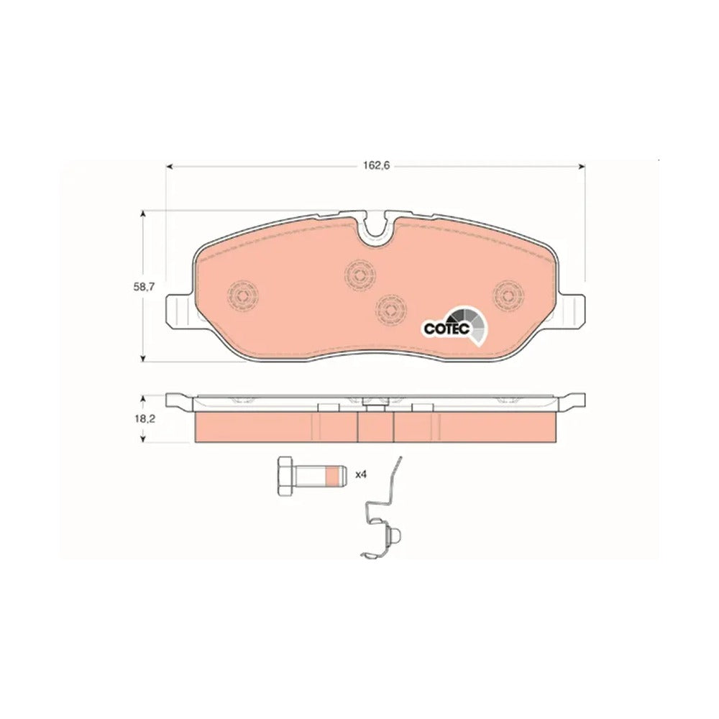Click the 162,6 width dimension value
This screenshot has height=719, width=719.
[x=377, y=165]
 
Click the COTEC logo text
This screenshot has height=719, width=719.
[x=446, y=329]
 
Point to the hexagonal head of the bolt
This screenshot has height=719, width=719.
[x=285, y=476]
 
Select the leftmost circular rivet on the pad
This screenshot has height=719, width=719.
[x=243, y=295]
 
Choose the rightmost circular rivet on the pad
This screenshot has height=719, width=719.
[x=508, y=296]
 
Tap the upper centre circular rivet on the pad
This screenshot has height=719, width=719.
[x=360, y=275]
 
